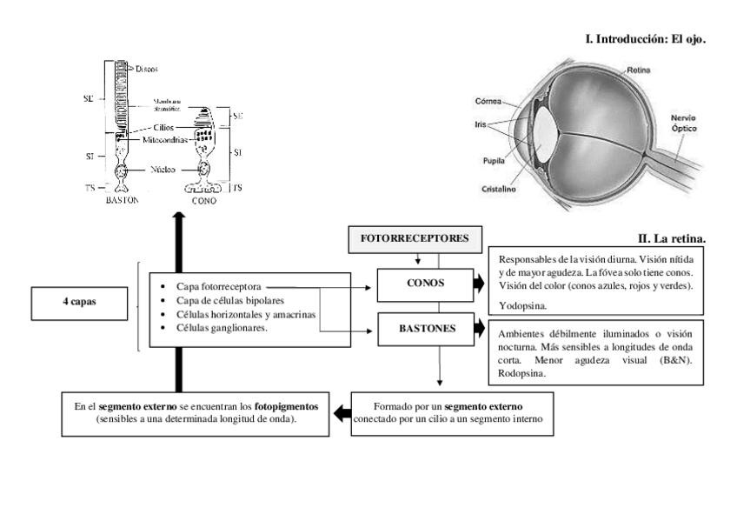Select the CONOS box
(x=424, y=283)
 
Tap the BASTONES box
(x=424, y=328)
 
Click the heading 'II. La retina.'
(x=672, y=237)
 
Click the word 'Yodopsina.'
(x=516, y=305)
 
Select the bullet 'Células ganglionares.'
(x=214, y=327)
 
